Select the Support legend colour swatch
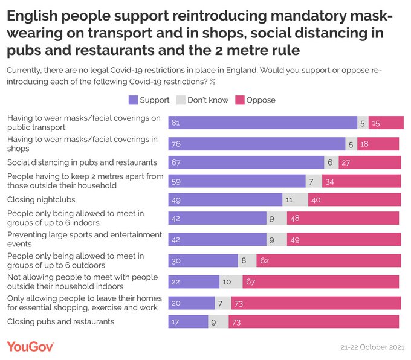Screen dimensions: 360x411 pos(133,100)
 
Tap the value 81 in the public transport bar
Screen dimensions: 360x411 pos(176,122)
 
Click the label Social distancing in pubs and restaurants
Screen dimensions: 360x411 pos(82,162)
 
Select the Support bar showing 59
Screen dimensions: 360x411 pos(236,182)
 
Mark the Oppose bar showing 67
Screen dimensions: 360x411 pos(320,281)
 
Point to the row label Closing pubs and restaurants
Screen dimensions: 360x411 pos(60,321)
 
